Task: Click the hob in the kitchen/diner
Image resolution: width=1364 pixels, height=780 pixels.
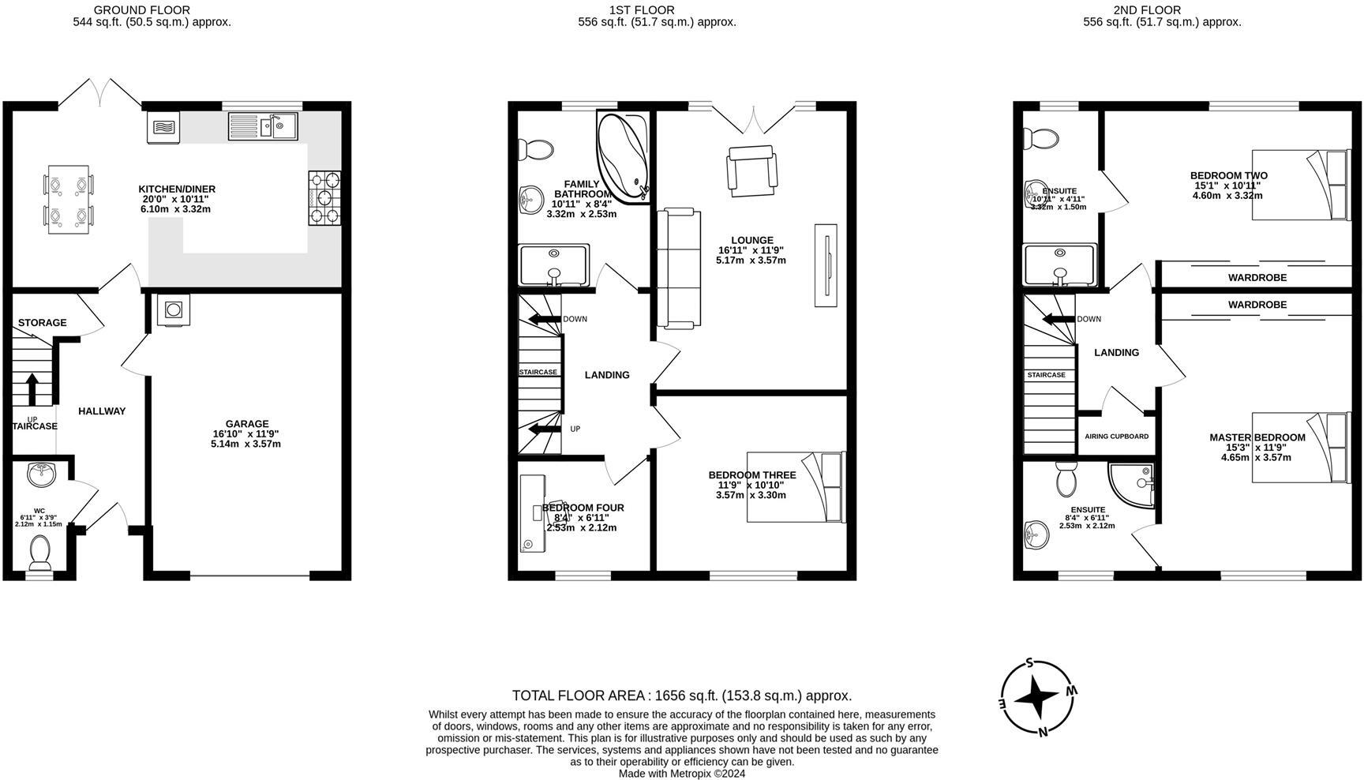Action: point(324,197)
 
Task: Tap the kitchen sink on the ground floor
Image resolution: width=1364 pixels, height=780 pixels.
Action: point(263,126)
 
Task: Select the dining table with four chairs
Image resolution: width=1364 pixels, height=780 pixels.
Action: point(67,199)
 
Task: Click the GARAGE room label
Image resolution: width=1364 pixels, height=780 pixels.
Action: point(246,424)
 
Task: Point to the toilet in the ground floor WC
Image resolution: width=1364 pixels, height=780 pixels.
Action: point(39,552)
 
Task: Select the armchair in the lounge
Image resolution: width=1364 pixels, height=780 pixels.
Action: point(751,171)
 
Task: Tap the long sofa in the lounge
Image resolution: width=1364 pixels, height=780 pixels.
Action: point(679,268)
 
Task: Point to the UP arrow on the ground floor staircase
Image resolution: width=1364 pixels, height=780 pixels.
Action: point(32,389)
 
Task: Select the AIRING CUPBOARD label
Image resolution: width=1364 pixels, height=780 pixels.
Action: point(1116,437)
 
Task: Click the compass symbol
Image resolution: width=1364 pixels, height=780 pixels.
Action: point(1036,696)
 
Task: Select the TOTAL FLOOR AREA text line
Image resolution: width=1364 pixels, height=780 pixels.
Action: point(681,696)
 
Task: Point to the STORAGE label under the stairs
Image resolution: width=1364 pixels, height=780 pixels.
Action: point(42,323)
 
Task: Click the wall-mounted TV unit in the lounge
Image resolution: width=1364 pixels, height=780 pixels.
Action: point(826,265)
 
